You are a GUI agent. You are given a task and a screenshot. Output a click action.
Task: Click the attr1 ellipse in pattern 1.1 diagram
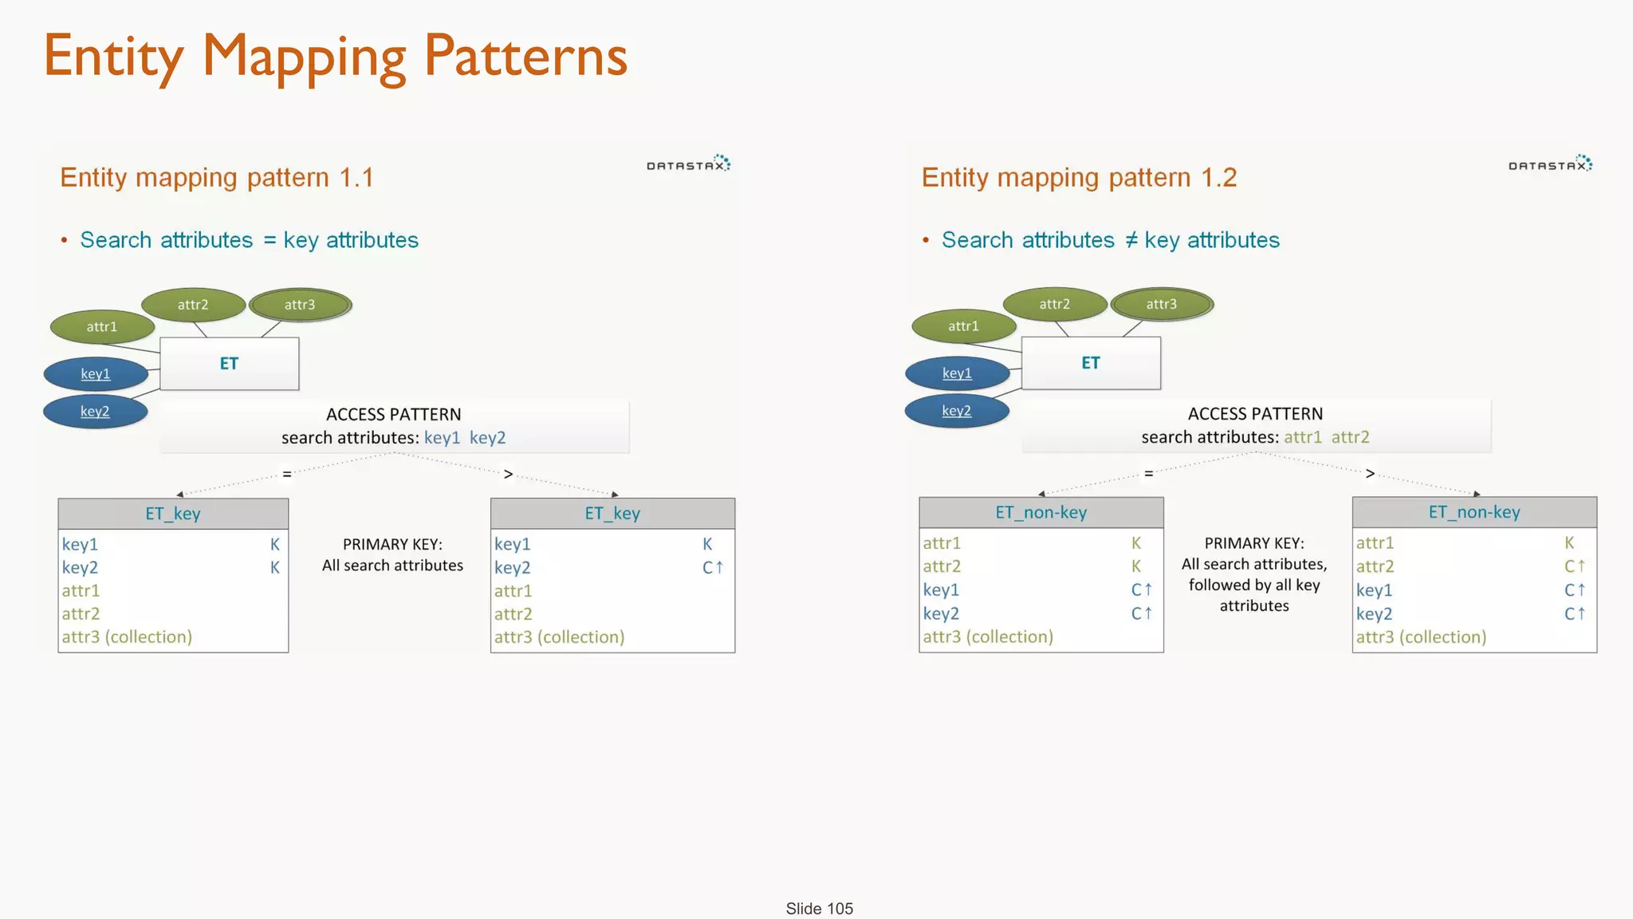(102, 327)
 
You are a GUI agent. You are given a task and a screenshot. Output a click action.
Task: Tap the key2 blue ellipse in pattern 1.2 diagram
(956, 411)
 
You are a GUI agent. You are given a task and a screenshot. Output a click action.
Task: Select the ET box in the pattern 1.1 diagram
(229, 364)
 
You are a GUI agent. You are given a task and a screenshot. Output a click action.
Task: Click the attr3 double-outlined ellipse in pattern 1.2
(1162, 304)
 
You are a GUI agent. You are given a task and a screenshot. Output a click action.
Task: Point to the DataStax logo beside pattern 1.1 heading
(688, 164)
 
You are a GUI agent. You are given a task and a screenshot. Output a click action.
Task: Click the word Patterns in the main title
(525, 57)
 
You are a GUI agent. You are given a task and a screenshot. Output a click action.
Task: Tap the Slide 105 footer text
(819, 909)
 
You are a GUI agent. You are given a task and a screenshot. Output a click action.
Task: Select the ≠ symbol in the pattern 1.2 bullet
(1131, 240)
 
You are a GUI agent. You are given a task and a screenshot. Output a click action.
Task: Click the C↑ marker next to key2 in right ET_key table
(712, 568)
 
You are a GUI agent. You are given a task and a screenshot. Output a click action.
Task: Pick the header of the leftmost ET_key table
(173, 514)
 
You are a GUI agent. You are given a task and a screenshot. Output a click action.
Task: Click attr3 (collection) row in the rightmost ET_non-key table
(1421, 637)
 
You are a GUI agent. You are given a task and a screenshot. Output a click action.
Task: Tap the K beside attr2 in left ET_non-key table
(1136, 566)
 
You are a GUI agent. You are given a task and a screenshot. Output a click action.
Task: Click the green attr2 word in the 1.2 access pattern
(1350, 437)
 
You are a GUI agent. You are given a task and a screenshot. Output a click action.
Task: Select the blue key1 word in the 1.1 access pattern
(442, 438)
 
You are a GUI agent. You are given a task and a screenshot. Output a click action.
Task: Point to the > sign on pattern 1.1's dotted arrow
(508, 475)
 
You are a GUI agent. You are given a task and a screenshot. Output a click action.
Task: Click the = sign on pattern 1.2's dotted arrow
(1148, 474)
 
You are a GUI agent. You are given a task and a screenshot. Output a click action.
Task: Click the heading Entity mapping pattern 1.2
(1079, 177)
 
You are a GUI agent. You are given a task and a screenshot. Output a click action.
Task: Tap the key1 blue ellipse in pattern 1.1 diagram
(96, 374)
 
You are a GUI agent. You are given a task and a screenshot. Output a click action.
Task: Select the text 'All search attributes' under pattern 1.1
(392, 566)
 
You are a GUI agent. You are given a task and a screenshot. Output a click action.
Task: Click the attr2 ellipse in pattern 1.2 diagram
(1054, 304)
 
